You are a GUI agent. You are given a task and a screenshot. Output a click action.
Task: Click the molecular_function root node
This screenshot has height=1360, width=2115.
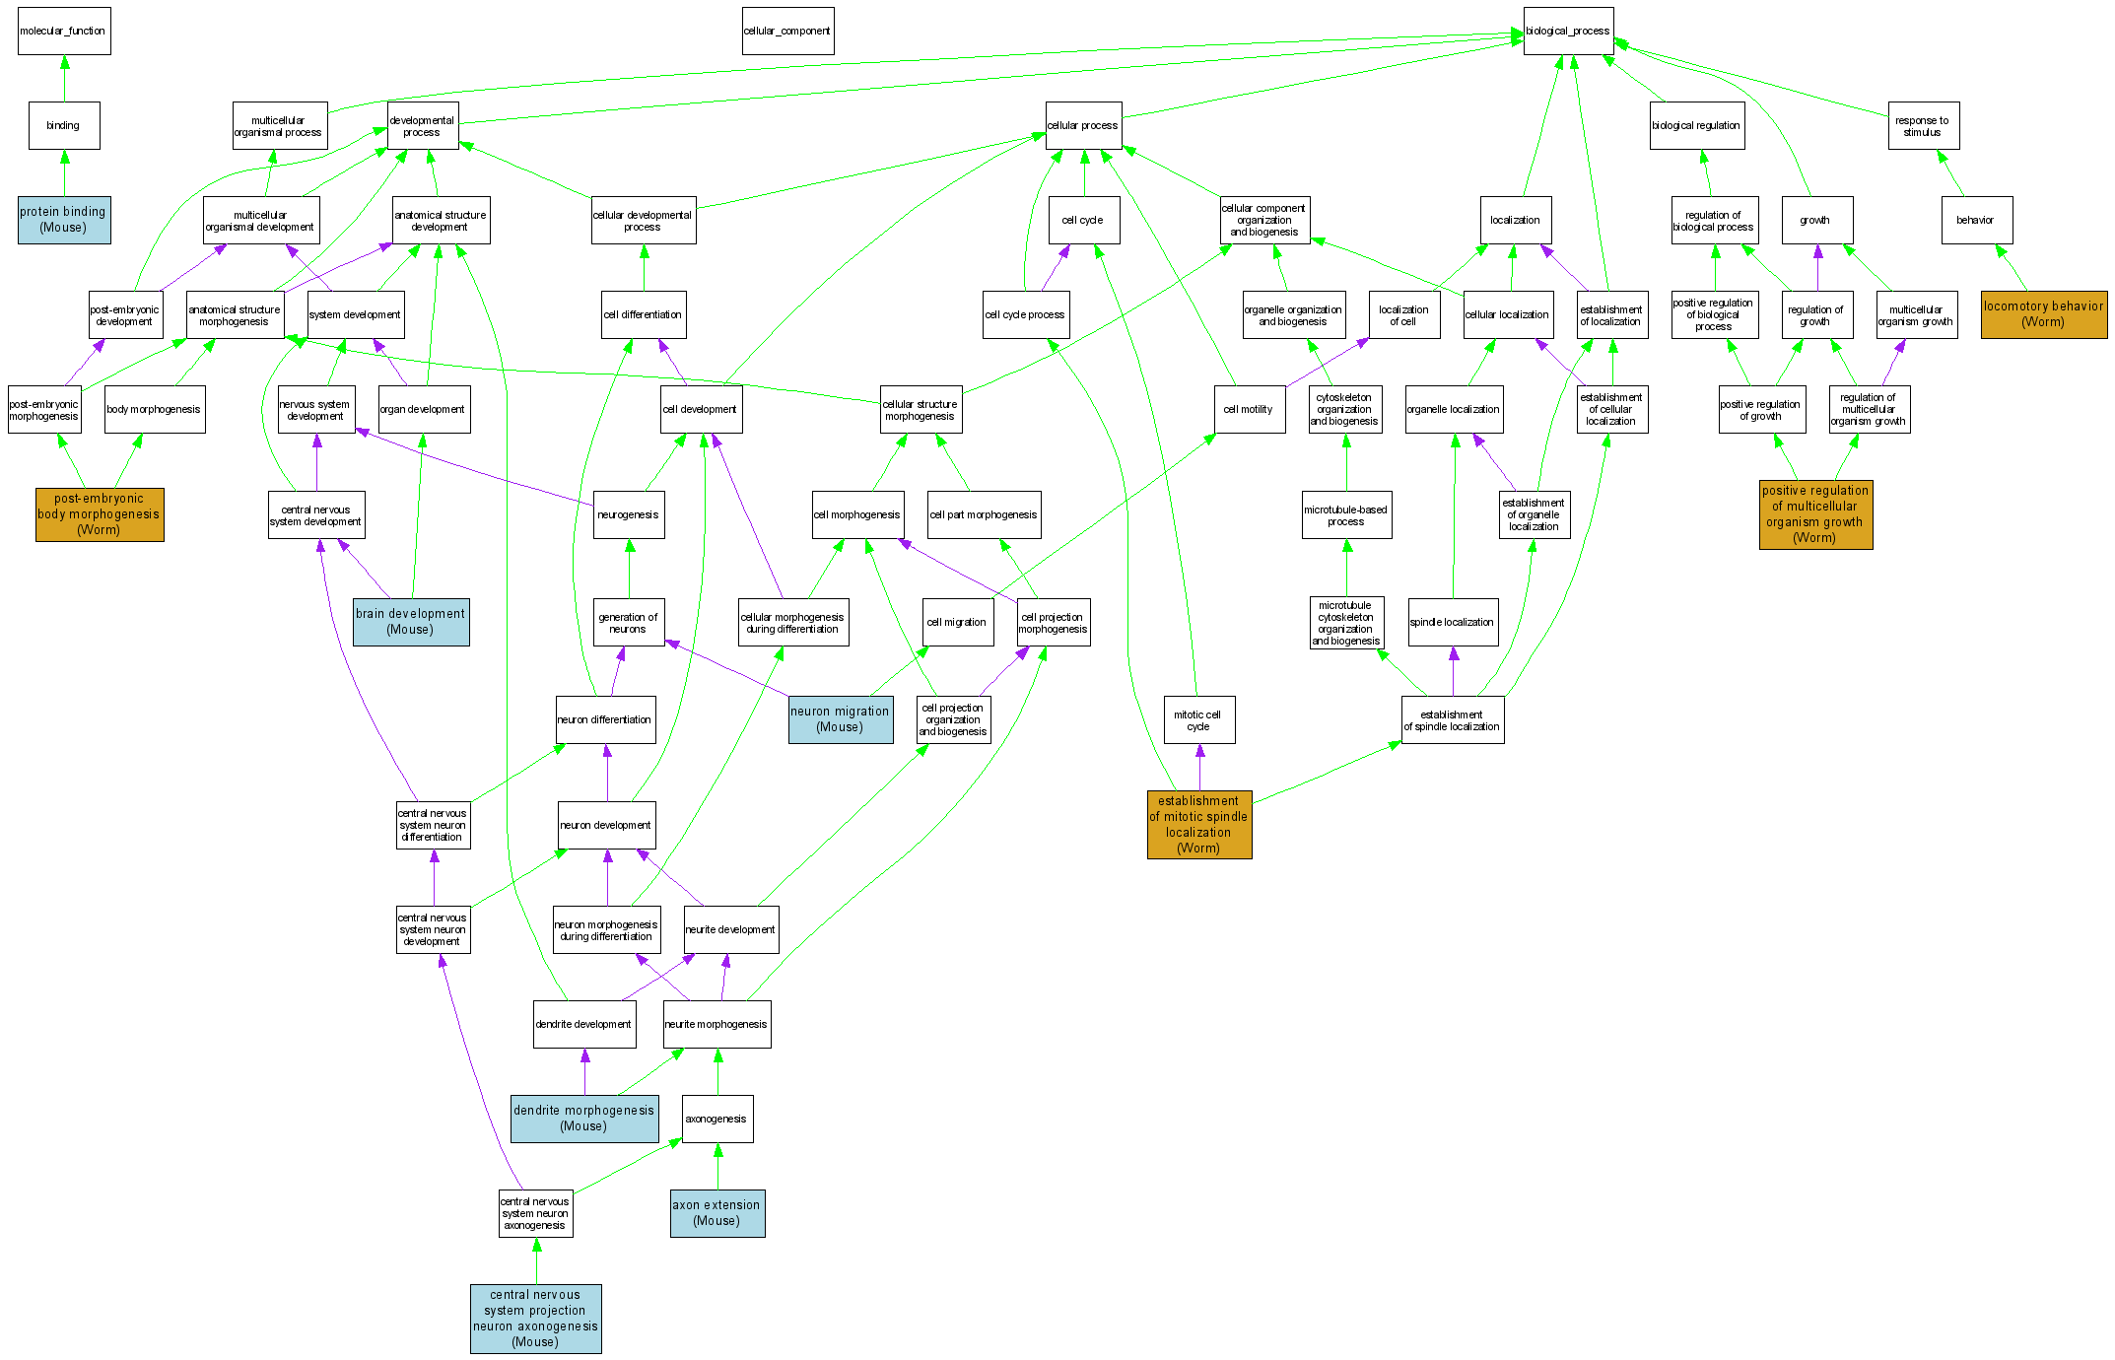(x=64, y=32)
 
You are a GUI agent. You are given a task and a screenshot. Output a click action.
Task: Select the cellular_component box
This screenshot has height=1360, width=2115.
(x=787, y=32)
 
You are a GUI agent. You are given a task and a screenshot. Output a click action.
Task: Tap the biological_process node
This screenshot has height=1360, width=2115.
(x=1567, y=32)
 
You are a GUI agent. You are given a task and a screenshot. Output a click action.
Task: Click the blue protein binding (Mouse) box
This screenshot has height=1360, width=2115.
(x=64, y=220)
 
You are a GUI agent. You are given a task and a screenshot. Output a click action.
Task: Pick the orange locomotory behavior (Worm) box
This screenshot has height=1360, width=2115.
(x=2043, y=314)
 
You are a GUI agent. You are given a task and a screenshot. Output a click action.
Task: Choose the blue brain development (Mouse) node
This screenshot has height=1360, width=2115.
(x=410, y=622)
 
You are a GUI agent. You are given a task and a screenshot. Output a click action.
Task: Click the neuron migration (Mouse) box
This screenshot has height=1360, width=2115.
(x=840, y=719)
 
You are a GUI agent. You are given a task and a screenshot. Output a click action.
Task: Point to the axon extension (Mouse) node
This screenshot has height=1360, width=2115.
(x=716, y=1213)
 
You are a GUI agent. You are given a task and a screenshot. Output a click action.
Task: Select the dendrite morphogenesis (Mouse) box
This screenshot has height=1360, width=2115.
(x=583, y=1119)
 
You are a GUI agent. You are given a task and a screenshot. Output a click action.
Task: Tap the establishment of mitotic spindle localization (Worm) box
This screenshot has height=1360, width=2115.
(x=1198, y=825)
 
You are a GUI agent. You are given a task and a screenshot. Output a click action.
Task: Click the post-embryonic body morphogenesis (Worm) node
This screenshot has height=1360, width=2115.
(x=100, y=514)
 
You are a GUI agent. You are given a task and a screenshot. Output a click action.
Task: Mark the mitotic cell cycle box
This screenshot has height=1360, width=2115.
(x=1198, y=720)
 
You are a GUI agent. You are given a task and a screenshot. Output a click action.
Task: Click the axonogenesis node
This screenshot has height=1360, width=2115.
(x=716, y=1120)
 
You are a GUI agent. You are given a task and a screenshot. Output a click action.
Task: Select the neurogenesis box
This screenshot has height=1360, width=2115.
(x=629, y=514)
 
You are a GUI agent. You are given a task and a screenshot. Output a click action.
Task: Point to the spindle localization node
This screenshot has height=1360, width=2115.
(x=1452, y=623)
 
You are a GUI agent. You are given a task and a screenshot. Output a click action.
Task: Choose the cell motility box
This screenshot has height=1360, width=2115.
(x=1249, y=409)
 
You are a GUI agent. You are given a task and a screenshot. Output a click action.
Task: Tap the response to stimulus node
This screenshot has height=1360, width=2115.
(x=1922, y=126)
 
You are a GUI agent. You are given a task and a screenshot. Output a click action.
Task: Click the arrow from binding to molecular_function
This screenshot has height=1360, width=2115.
(x=64, y=78)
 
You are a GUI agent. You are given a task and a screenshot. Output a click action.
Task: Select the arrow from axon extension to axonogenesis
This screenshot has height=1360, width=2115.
(x=717, y=1167)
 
